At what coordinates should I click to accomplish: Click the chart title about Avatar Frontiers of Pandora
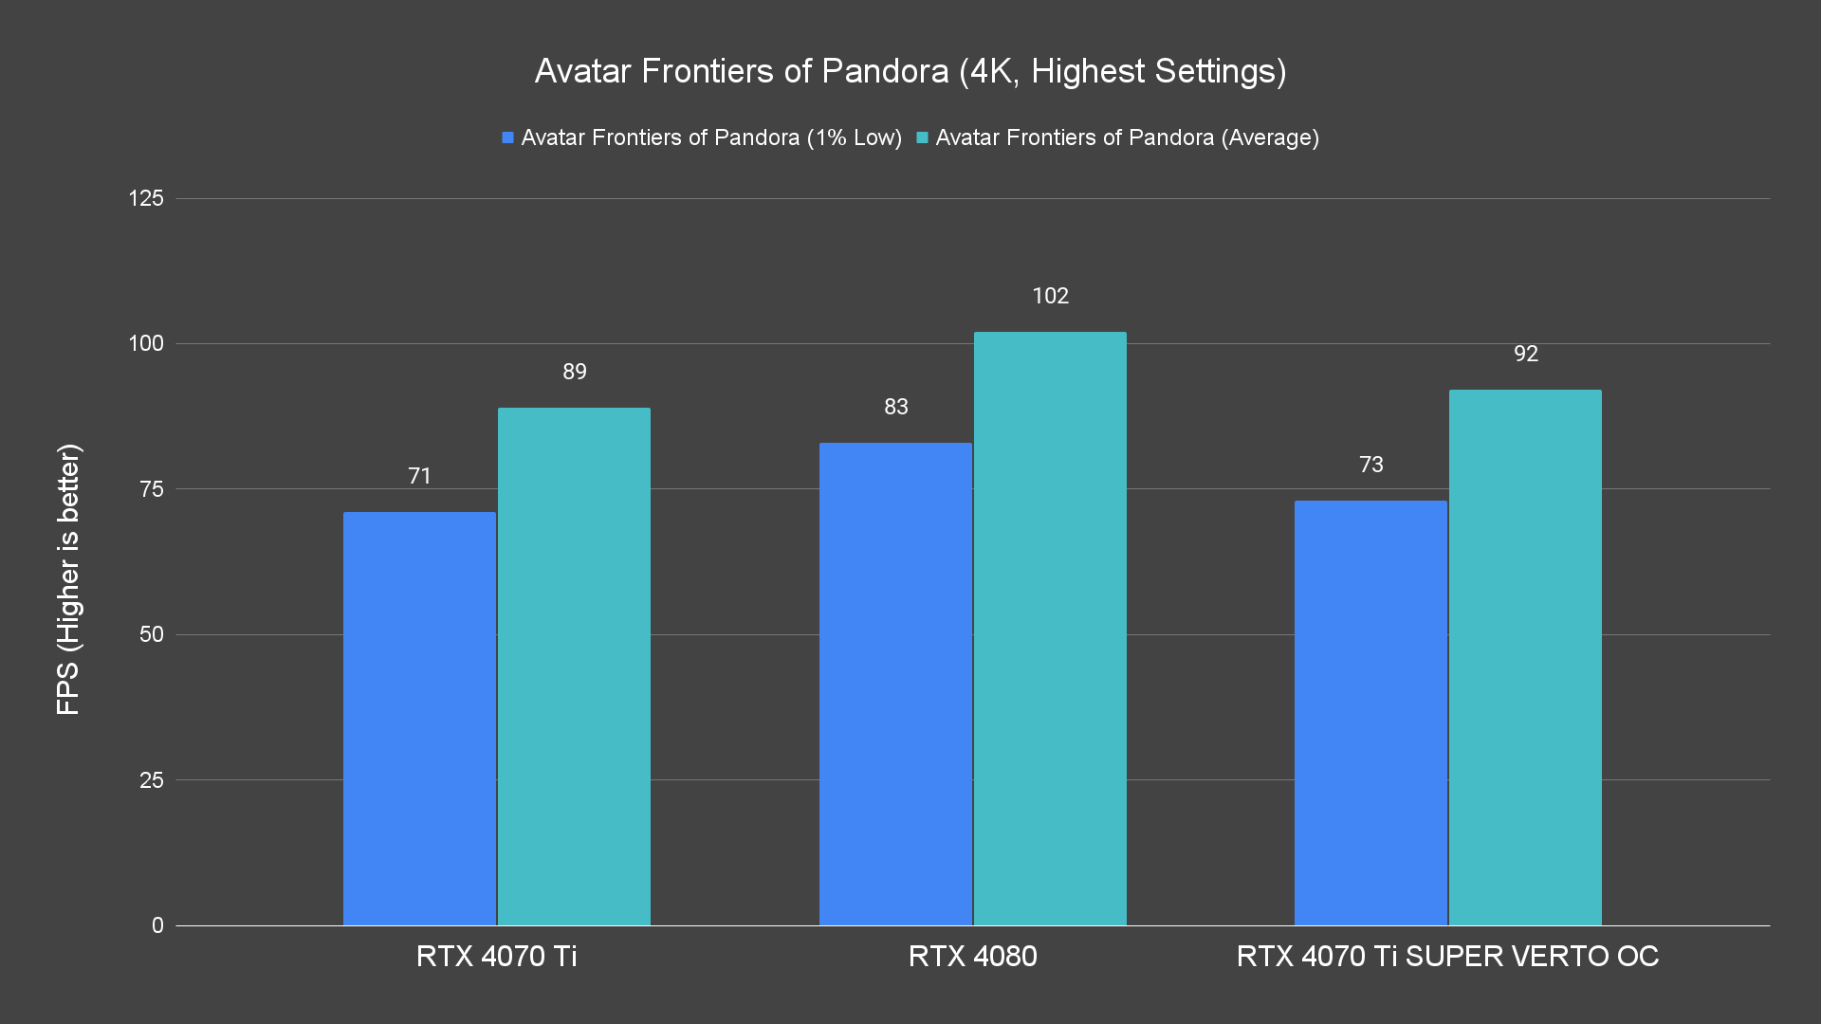tap(910, 71)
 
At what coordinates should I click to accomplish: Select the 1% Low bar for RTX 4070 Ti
tap(419, 718)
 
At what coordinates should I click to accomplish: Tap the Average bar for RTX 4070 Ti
tap(574, 666)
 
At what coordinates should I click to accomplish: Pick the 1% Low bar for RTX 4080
tap(895, 683)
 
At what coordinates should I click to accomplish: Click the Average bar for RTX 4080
tap(1050, 628)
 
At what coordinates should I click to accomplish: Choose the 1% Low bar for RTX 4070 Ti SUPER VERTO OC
tap(1370, 712)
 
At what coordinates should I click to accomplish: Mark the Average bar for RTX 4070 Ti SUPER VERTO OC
tap(1525, 657)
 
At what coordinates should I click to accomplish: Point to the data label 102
tap(1050, 296)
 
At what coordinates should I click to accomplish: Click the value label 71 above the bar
tap(419, 476)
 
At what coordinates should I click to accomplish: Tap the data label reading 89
tap(574, 372)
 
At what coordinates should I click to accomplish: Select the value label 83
tap(895, 407)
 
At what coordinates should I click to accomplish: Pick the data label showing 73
tap(1370, 465)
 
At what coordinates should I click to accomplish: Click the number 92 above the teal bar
tap(1525, 354)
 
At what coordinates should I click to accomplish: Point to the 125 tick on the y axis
tap(146, 198)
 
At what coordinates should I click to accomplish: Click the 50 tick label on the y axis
tap(152, 634)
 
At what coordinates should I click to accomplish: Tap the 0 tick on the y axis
tap(157, 925)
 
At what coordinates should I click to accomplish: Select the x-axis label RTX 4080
tap(972, 956)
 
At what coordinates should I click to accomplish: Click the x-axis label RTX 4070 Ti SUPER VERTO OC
tap(1447, 956)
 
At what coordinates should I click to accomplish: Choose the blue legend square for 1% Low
tap(508, 138)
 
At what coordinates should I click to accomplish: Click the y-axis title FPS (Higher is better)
tap(68, 578)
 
